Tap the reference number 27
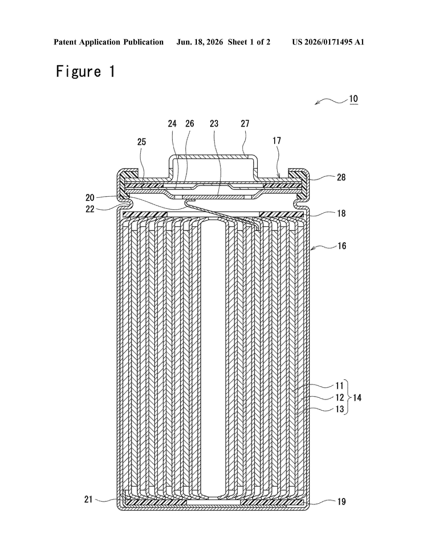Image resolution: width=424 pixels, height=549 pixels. (245, 123)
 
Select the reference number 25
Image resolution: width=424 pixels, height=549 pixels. (141, 142)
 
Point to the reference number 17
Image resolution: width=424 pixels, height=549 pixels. (277, 141)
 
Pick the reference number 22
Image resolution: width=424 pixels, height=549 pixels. (90, 209)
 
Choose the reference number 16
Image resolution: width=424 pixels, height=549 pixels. (342, 246)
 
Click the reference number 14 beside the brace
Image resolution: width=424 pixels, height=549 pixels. (357, 398)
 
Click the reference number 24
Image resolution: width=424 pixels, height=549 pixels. (172, 123)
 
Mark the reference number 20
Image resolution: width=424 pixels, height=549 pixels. (90, 198)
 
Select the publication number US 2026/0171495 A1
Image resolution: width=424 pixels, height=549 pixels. (328, 42)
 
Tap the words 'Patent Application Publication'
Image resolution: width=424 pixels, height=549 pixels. (109, 42)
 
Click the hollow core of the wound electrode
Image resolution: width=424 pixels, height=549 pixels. (213, 358)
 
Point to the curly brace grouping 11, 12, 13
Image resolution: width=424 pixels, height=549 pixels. (348, 397)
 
